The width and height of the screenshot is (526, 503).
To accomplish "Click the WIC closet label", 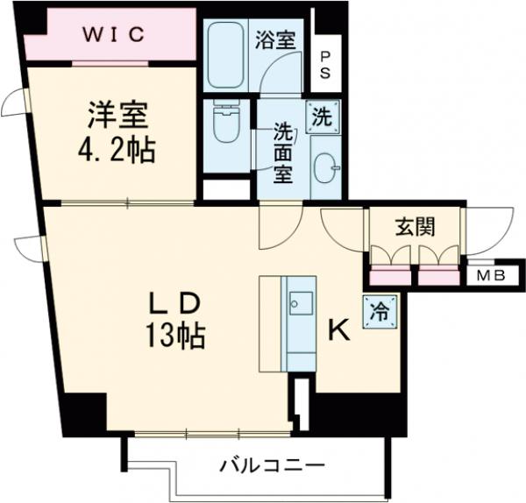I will tap(113, 36).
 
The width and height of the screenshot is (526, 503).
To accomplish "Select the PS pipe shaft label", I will tap(324, 65).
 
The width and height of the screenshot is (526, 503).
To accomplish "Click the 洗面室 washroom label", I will tap(282, 152).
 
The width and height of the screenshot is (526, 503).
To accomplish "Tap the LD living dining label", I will tap(174, 302).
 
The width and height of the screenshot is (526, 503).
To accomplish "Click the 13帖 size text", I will tap(175, 336).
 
